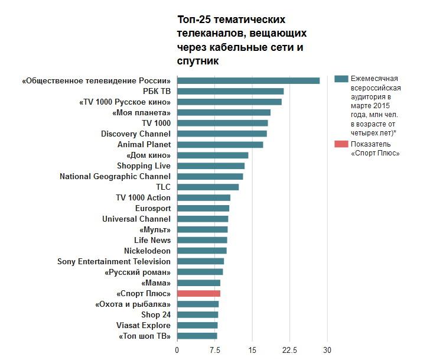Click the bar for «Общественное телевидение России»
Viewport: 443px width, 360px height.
248,80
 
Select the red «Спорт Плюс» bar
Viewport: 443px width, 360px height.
198,293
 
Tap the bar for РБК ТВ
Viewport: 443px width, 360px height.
230,91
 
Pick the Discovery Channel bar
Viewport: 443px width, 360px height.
222,134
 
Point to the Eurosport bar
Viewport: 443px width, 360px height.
203,208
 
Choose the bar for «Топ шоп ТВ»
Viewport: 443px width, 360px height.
197,336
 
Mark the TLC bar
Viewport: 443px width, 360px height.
208,187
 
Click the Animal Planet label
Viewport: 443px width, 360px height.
144,144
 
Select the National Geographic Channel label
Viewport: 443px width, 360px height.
115,176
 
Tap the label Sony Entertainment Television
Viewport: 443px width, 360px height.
114,261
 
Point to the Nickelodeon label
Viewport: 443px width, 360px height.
147,251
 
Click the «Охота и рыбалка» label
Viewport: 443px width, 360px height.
133,304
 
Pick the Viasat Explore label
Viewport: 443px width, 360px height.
144,325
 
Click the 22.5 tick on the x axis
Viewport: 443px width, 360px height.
289,349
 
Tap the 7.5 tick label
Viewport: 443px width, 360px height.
214,349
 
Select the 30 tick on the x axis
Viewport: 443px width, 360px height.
327,349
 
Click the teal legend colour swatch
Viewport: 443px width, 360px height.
341,79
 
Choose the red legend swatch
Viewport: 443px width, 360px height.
341,144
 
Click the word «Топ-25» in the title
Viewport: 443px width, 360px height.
193,20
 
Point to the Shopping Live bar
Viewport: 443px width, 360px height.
211,166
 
